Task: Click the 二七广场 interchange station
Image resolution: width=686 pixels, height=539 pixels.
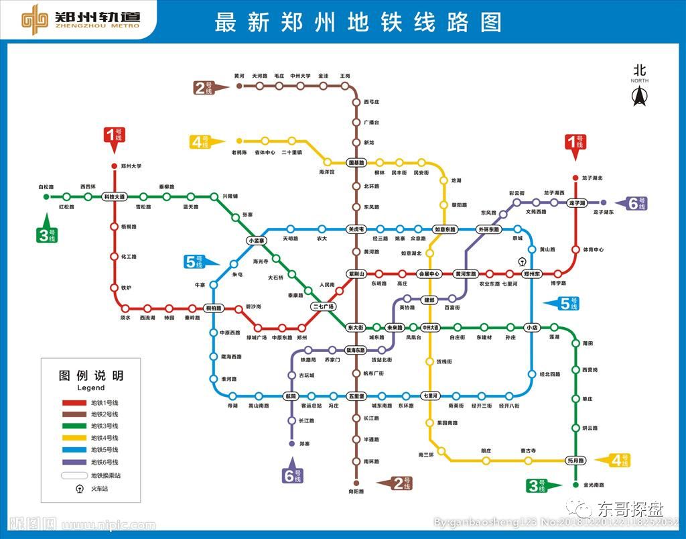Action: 323,306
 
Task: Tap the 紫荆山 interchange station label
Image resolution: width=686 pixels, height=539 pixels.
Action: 356,274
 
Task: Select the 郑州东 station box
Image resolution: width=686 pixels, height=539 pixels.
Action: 532,274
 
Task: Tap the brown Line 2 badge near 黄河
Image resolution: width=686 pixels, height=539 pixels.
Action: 204,87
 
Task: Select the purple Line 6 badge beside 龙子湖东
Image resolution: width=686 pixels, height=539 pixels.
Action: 636,203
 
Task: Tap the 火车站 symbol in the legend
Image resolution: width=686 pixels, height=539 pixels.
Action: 80,488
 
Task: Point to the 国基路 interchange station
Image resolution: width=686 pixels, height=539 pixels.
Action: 356,162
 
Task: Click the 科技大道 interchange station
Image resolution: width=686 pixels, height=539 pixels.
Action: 114,196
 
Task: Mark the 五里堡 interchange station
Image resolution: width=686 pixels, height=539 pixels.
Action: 356,396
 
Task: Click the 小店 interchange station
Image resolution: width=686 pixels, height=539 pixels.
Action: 532,327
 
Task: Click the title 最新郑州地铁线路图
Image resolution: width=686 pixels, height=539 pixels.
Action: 358,21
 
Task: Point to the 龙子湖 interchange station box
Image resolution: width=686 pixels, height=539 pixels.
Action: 576,202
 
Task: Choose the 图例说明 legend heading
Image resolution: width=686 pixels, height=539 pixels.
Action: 91,375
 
